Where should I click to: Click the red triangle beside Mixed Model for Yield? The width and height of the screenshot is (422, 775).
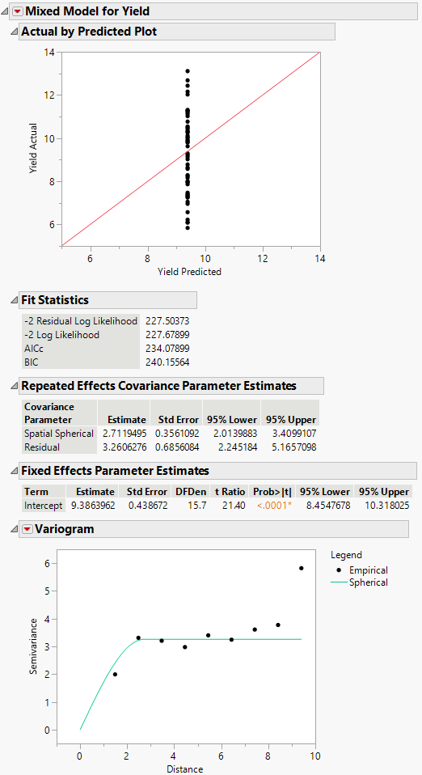click(18, 11)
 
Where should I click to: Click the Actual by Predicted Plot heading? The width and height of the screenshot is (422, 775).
click(89, 32)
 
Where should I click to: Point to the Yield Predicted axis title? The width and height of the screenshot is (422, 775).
click(189, 272)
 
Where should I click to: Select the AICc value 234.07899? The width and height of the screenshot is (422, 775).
click(167, 349)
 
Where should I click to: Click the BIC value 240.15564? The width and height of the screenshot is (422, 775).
click(167, 362)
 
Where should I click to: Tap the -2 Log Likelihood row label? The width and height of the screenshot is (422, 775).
click(61, 335)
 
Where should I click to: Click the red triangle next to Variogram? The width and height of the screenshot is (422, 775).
click(18, 529)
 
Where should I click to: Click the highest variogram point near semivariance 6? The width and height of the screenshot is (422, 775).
click(302, 568)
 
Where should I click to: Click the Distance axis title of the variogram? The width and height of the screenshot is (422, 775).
click(184, 769)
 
